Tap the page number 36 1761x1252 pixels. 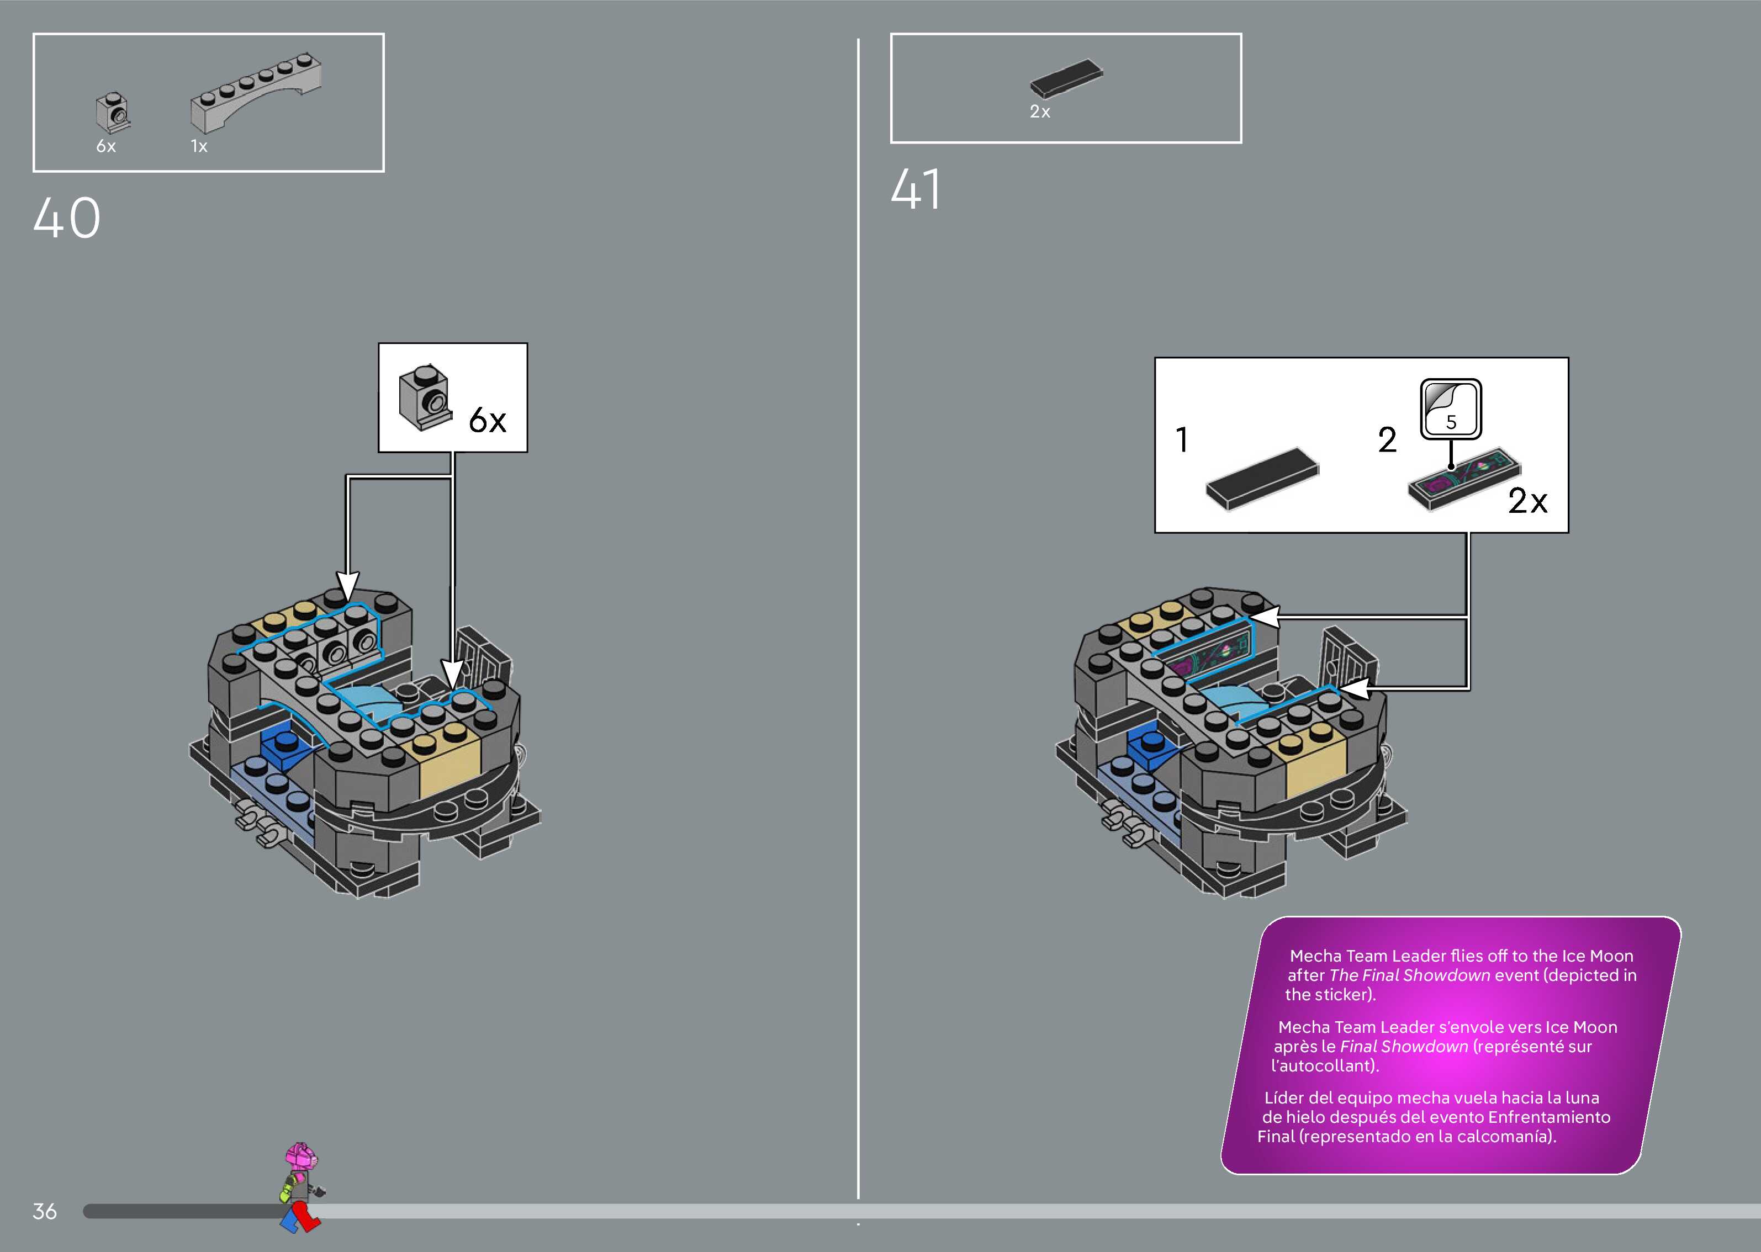tap(45, 1211)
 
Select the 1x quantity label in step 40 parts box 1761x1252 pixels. tap(199, 146)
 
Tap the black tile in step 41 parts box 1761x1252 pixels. tap(1066, 78)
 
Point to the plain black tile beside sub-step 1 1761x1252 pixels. tap(1262, 478)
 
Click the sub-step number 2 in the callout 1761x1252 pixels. tap(1387, 440)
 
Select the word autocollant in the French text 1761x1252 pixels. tap(1323, 1065)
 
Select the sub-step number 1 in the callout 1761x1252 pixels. tap(1182, 440)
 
